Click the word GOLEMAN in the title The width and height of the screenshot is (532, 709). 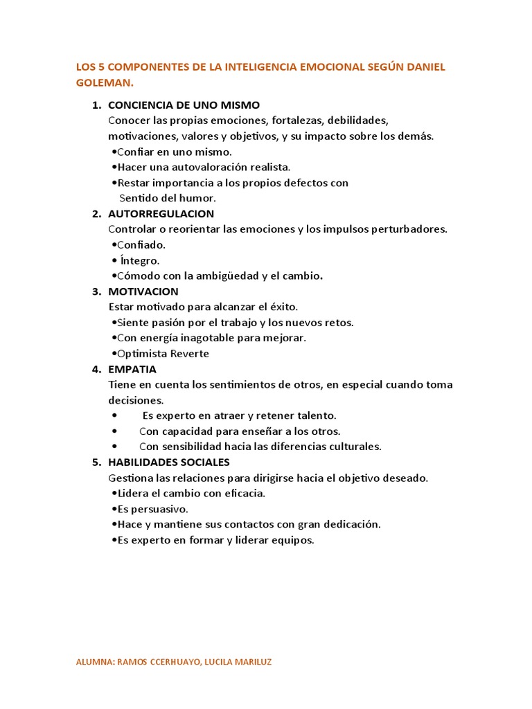(x=104, y=82)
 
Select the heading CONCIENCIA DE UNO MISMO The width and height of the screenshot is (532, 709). (x=184, y=105)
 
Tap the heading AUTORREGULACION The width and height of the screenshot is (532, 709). (x=161, y=213)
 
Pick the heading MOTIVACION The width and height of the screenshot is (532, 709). (x=143, y=291)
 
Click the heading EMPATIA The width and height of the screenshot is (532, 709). (x=132, y=369)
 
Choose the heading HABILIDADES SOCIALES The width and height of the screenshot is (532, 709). (x=169, y=462)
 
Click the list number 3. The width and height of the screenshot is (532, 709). (x=96, y=291)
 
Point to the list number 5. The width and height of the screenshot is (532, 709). (x=96, y=462)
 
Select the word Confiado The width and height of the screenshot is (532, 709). (x=141, y=244)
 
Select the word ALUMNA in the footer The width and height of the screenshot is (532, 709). (x=94, y=662)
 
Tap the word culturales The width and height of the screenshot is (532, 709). (x=352, y=447)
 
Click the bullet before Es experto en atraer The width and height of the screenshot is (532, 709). (x=114, y=415)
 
